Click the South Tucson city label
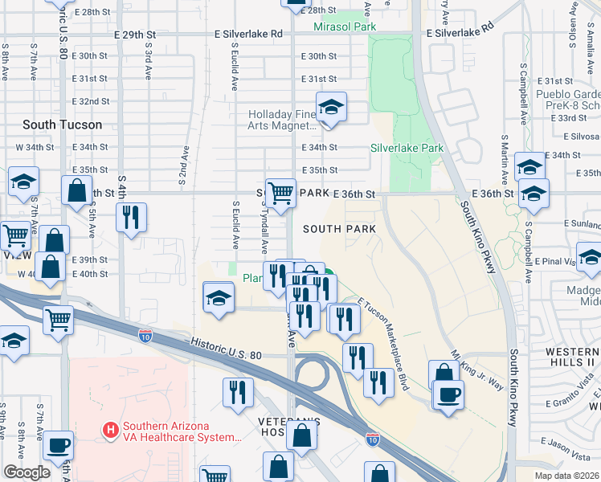62,125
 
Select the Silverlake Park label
407,148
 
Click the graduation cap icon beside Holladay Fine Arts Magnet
329,108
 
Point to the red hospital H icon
111,431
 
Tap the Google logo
27,472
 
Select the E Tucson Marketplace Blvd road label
383,344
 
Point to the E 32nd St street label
90,101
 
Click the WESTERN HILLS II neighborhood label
572,357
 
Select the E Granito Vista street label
573,402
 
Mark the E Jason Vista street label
570,443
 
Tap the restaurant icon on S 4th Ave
130,217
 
